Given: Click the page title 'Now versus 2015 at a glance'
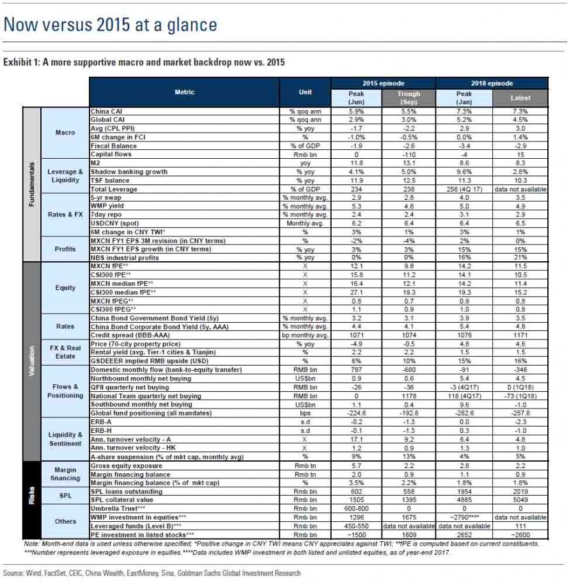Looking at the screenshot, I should (x=110, y=25).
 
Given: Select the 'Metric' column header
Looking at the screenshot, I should (x=185, y=92).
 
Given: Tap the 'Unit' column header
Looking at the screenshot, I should (x=305, y=92).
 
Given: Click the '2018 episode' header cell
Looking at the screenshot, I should (x=492, y=83).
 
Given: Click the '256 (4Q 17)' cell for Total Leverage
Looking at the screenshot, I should (x=464, y=189).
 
